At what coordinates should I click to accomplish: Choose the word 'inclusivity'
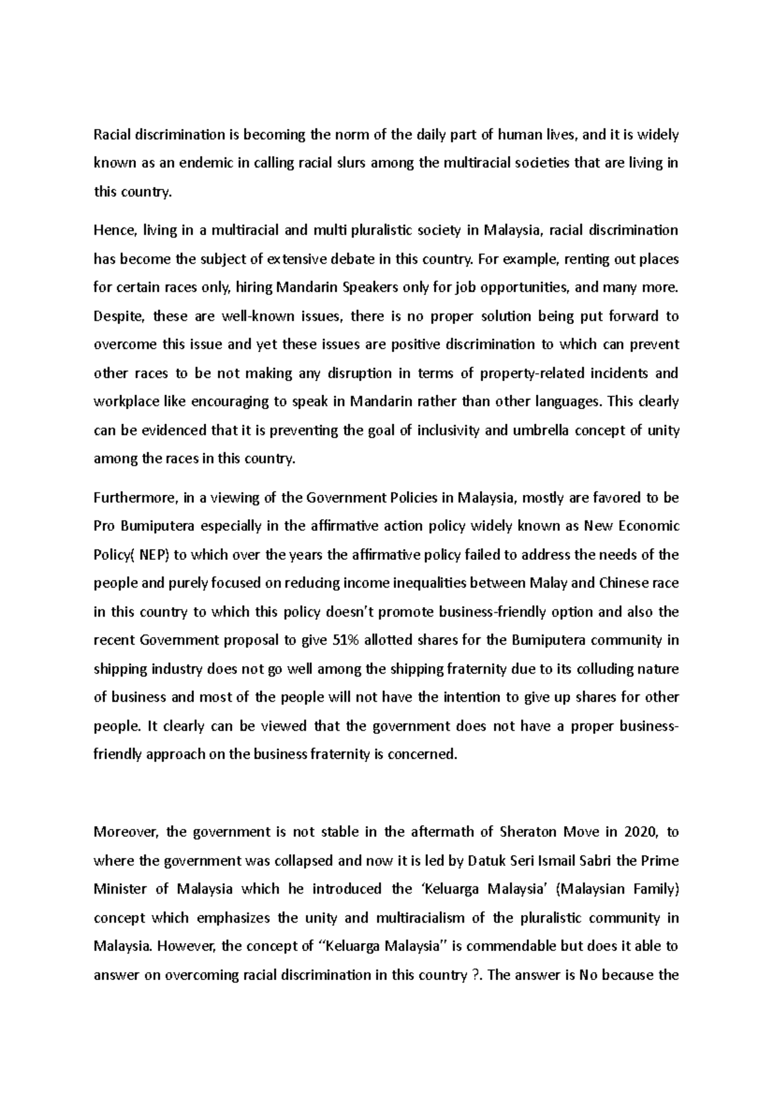click(448, 430)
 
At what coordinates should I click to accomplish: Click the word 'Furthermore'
click(133, 498)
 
